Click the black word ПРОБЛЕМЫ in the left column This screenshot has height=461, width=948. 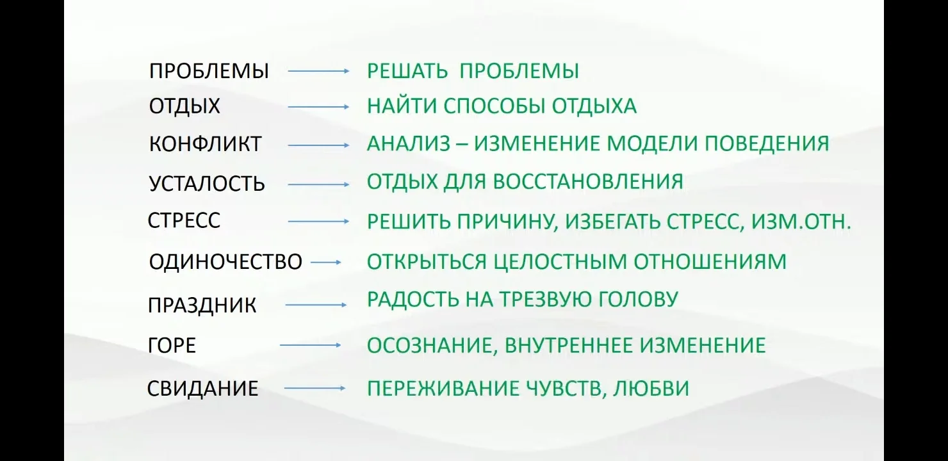coord(209,71)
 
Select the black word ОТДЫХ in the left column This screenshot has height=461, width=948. coord(184,106)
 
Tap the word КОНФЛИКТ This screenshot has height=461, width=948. coord(205,144)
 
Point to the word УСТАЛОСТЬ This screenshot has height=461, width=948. coord(207,184)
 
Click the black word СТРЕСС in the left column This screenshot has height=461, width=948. coord(184,221)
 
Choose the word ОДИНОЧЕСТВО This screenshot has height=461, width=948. coord(225,262)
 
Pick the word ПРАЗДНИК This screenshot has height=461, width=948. coord(202,305)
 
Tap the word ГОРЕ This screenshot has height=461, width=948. coord(172,346)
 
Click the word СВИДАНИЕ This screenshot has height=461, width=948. coord(203,389)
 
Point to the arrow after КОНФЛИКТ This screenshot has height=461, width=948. coord(318,145)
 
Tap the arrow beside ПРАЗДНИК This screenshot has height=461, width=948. coord(315,305)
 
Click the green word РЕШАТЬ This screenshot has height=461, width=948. coord(407,70)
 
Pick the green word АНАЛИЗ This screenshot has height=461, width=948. coord(409,143)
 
